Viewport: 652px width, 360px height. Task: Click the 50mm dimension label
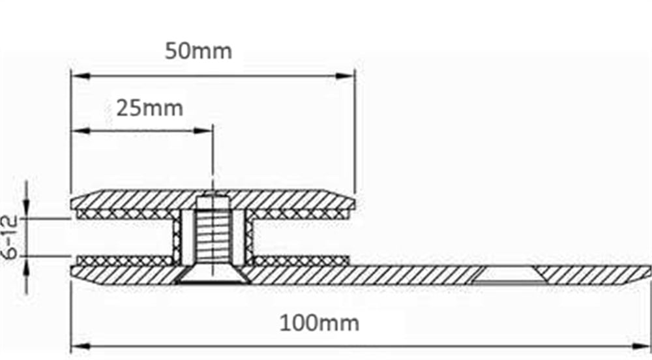point(198,51)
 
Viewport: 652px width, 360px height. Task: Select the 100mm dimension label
point(319,322)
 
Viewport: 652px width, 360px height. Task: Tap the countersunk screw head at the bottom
point(213,277)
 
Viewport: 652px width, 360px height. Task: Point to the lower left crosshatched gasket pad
point(124,261)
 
